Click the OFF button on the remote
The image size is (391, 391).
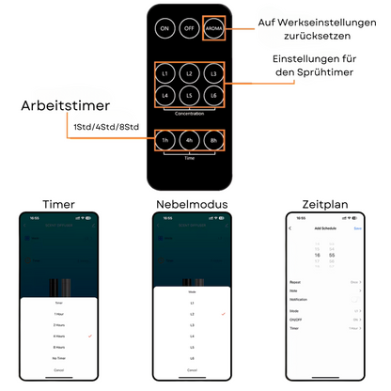pyautogui.click(x=190, y=29)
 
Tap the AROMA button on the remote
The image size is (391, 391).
pyautogui.click(x=215, y=29)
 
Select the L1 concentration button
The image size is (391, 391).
pyautogui.click(x=165, y=73)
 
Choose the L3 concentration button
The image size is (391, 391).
pyautogui.click(x=215, y=73)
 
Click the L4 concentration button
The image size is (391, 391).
pyautogui.click(x=165, y=96)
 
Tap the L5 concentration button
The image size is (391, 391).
pyautogui.click(x=190, y=96)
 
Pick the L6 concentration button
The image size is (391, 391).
pyautogui.click(x=215, y=96)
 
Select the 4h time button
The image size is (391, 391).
pyautogui.click(x=190, y=142)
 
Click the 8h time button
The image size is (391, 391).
pyautogui.click(x=215, y=142)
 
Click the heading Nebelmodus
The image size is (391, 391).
pyautogui.click(x=191, y=204)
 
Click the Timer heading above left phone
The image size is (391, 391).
pyautogui.click(x=59, y=204)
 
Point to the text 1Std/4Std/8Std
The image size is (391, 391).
pyautogui.click(x=105, y=127)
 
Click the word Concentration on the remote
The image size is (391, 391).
pyautogui.click(x=190, y=113)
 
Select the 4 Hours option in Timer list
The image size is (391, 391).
pyautogui.click(x=59, y=335)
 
